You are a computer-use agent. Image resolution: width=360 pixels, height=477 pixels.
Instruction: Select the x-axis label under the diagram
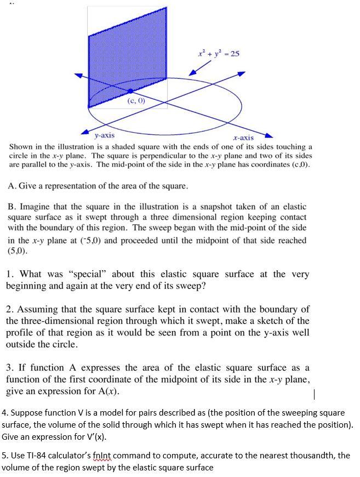pos(243,138)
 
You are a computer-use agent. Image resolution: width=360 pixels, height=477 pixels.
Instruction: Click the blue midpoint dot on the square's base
pos(130,91)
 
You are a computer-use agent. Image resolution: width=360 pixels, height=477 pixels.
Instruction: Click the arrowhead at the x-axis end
pos(265,136)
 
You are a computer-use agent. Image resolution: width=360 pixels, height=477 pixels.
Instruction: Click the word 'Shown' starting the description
pos(21,147)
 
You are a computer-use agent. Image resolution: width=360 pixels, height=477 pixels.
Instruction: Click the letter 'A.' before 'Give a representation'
pos(13,186)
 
